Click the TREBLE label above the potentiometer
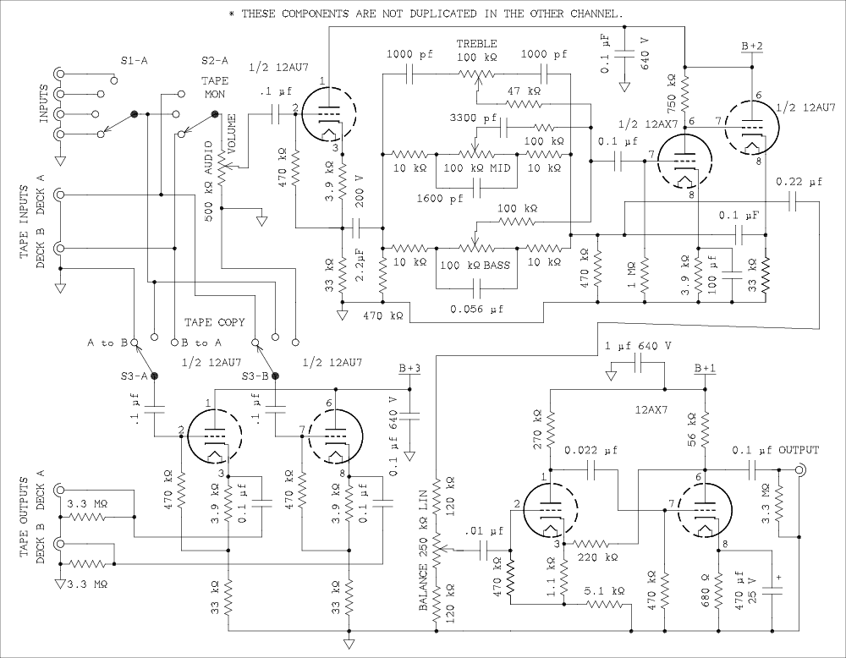[x=477, y=43]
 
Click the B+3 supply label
[x=409, y=369]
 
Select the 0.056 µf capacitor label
[x=475, y=310]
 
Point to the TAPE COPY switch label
[x=216, y=322]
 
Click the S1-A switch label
[x=135, y=60]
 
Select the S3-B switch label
[x=255, y=376]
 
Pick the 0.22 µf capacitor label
[x=797, y=182]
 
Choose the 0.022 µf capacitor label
[x=592, y=449]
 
